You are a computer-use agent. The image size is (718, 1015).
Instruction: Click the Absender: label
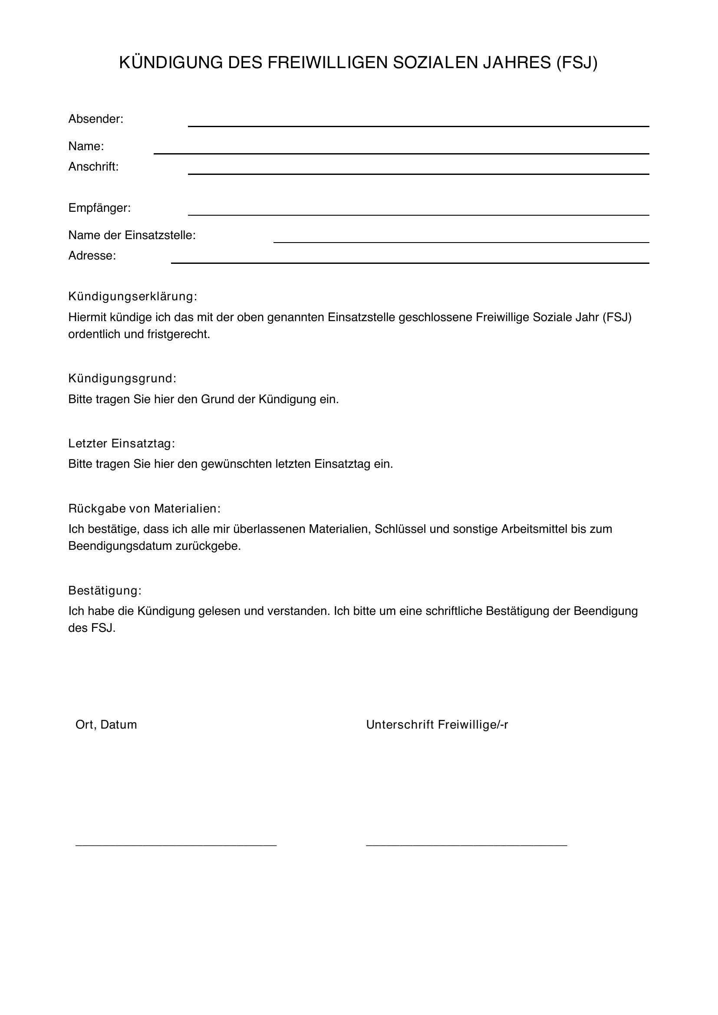coord(96,119)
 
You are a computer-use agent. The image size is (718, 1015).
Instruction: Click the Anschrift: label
coord(93,167)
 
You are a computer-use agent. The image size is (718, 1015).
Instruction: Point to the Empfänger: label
coord(99,208)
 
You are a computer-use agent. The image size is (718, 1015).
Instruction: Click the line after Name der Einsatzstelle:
coord(461,242)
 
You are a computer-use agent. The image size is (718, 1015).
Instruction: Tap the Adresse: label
coord(92,256)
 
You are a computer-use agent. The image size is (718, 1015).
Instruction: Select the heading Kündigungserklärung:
coord(132,296)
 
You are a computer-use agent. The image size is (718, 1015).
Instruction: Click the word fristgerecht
coord(178,334)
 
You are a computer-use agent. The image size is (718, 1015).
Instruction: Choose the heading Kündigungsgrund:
coord(122,378)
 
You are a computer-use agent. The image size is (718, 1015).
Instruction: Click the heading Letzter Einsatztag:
coord(122,443)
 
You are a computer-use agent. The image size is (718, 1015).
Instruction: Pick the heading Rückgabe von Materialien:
coord(144,509)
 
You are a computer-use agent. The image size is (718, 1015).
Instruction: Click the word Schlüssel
coord(400,529)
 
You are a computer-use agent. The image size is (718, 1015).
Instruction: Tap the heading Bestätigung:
coord(105,591)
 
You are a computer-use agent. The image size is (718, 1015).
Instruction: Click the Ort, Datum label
coord(106,725)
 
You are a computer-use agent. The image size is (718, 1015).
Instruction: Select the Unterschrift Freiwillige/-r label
coord(437,725)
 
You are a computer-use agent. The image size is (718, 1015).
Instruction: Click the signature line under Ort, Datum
coord(176,845)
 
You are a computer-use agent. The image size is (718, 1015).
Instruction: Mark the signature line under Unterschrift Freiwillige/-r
coord(466,845)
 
